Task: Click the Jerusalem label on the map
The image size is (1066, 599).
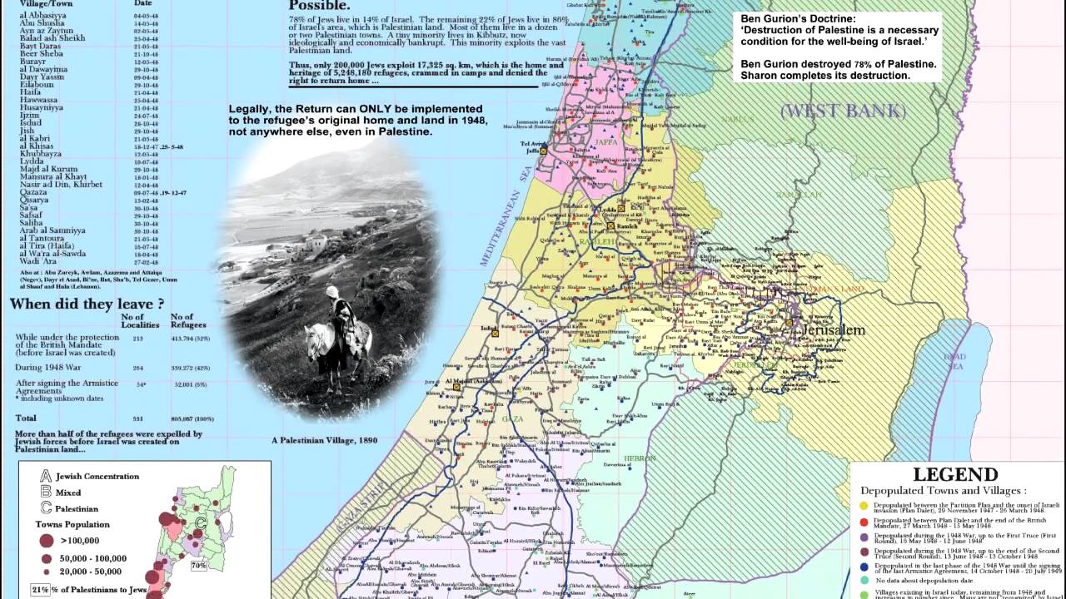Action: [x=834, y=330]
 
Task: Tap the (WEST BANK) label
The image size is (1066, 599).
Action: [x=842, y=111]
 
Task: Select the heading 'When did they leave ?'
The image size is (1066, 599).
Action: [x=87, y=304]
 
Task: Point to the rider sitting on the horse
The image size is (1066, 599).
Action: [x=342, y=313]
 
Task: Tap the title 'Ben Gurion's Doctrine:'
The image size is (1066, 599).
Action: [x=798, y=17]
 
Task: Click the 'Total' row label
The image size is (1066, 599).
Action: [x=26, y=418]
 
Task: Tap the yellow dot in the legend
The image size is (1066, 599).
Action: [x=863, y=505]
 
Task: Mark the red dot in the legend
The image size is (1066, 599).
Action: [x=863, y=521]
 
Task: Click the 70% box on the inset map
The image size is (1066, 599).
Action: [x=199, y=565]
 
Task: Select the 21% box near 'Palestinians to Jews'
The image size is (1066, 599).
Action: [x=41, y=590]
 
